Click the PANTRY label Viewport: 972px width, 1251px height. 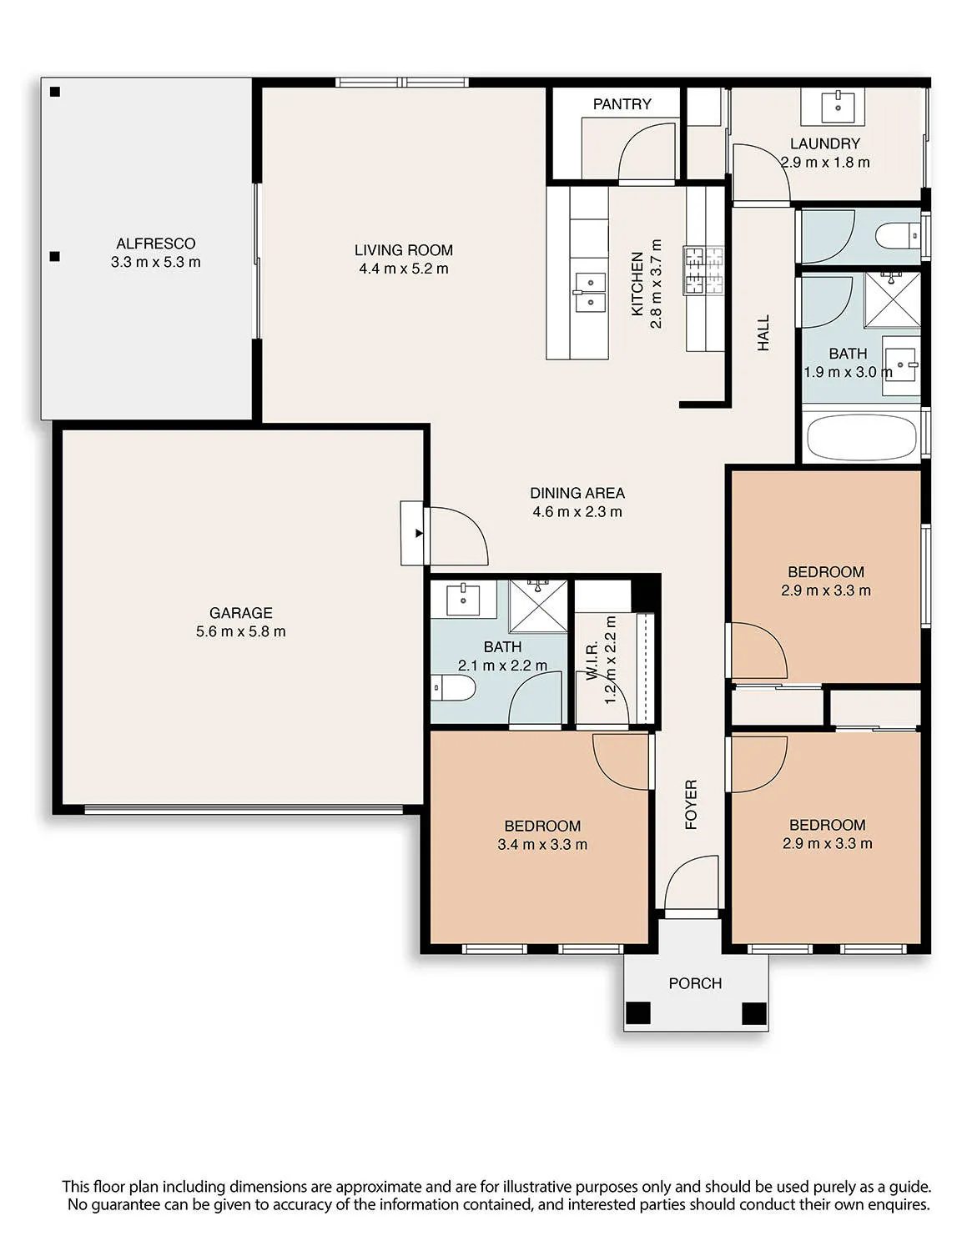pos(622,104)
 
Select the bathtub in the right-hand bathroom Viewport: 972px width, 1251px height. pos(861,439)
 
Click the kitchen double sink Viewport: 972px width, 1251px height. pos(589,292)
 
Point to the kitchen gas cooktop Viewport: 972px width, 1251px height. pos(703,270)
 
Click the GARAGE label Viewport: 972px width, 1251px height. pos(240,612)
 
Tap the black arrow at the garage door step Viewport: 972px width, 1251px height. pos(419,533)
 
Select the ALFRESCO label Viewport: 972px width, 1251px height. pos(155,244)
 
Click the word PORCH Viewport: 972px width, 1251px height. pos(695,983)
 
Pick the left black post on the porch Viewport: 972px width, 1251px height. pos(638,1013)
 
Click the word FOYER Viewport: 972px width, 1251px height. pos(691,804)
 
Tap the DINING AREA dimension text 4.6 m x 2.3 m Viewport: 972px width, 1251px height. pos(577,512)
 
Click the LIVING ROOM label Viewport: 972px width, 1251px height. pos(404,250)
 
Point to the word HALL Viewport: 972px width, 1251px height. pos(763,333)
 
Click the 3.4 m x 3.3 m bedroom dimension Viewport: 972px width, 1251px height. pos(542,845)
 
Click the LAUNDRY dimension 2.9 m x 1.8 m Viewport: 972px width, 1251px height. pos(825,163)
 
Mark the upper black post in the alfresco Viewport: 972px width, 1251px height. pos(55,92)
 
